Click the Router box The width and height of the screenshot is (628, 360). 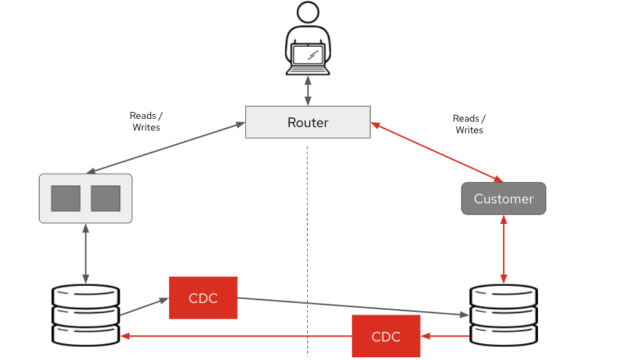coord(308,122)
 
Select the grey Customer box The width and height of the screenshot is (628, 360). coord(503,199)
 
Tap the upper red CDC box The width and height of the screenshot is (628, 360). coord(203,297)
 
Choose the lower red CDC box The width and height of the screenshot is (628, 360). coord(385,336)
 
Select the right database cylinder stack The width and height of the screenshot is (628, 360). coord(504,315)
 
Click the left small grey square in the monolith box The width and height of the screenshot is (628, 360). coord(66,198)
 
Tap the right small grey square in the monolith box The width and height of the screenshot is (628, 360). coord(105,198)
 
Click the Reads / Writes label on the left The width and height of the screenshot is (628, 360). coord(146,122)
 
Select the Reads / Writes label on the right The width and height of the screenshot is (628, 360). coord(469,124)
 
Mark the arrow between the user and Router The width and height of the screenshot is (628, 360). coord(308,91)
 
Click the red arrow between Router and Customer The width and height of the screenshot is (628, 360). coord(437,153)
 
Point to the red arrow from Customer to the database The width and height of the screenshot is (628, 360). coord(504,249)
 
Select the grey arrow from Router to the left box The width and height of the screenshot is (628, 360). coord(166,148)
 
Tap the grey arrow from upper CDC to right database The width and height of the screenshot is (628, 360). coord(350,306)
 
